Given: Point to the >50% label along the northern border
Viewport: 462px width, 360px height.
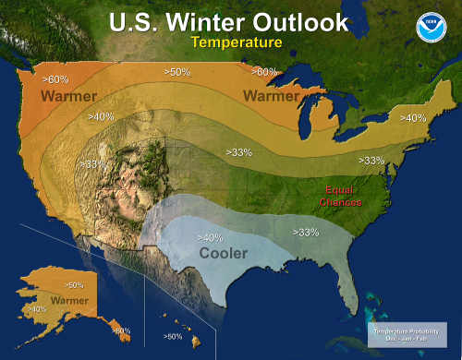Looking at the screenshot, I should pyautogui.click(x=177, y=71).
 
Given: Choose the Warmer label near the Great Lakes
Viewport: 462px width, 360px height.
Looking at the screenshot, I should pyautogui.click(x=272, y=94).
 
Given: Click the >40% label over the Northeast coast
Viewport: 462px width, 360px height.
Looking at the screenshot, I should pyautogui.click(x=412, y=117).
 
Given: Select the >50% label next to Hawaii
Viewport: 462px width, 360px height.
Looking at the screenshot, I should pyautogui.click(x=173, y=337).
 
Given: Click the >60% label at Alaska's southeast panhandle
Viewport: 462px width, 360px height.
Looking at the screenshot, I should pyautogui.click(x=121, y=330).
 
